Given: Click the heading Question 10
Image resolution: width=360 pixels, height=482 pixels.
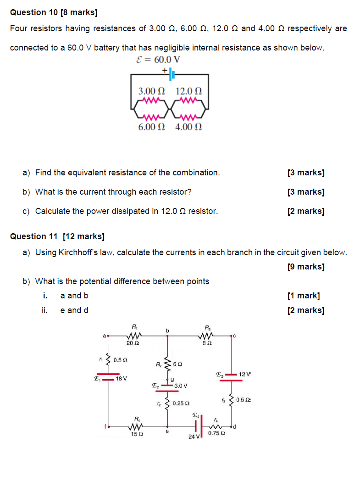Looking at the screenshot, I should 54,13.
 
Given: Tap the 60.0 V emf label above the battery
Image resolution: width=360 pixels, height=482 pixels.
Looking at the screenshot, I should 158,59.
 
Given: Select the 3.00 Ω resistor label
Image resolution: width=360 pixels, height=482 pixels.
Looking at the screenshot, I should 151,91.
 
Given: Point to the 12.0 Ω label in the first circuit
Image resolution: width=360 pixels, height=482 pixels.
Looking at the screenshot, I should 188,91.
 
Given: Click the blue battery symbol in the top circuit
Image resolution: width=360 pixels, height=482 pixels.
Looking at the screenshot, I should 171,73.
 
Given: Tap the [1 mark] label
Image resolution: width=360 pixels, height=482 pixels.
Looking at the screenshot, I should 304,296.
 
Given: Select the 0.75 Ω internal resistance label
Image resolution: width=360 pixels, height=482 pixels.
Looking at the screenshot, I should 216,433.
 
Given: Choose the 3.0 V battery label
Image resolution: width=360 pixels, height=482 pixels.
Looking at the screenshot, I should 181,386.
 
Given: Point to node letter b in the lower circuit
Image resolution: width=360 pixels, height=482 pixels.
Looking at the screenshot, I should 167,330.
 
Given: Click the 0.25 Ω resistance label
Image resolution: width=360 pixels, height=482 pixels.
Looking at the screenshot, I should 181,403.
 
